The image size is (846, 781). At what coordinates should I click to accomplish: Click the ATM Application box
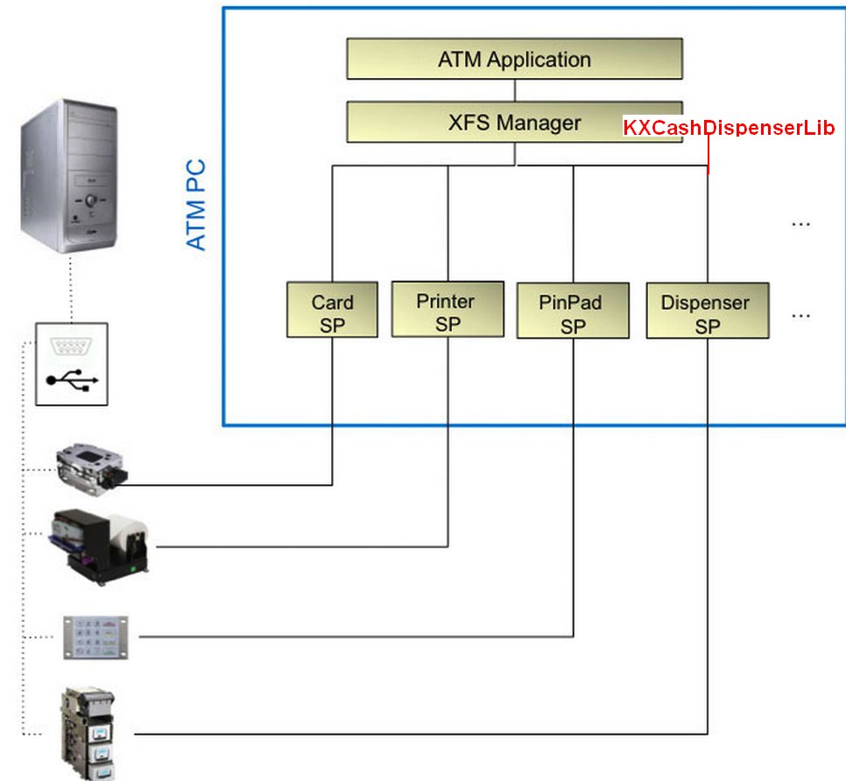(x=514, y=60)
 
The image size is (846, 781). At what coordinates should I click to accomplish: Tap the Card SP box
(x=333, y=309)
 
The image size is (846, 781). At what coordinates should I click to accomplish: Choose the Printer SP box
(x=448, y=308)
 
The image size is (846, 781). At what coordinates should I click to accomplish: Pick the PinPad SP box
(x=573, y=310)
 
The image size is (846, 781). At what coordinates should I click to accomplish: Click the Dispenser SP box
(x=708, y=310)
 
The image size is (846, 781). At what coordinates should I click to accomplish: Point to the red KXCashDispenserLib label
(x=729, y=128)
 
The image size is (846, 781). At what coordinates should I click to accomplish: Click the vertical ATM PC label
(x=198, y=204)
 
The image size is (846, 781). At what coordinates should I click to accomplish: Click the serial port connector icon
(x=72, y=348)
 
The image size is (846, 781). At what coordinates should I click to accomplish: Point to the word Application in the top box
(x=539, y=60)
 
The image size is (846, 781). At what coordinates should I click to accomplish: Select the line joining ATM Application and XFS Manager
(x=514, y=90)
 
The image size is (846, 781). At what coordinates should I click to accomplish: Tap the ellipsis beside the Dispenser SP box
(x=800, y=313)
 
